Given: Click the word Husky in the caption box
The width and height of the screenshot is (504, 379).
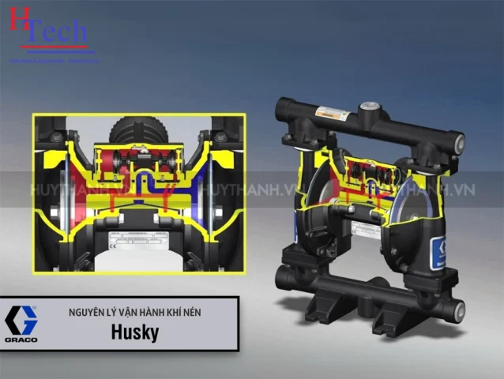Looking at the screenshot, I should (x=134, y=332).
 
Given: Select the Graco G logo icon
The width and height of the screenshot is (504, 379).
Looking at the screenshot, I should (x=21, y=319).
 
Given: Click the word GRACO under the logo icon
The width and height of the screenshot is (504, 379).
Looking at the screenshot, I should (x=21, y=340).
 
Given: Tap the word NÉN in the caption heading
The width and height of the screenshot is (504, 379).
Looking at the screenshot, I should (x=190, y=313).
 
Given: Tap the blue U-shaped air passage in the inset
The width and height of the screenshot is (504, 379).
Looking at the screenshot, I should (x=139, y=186).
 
